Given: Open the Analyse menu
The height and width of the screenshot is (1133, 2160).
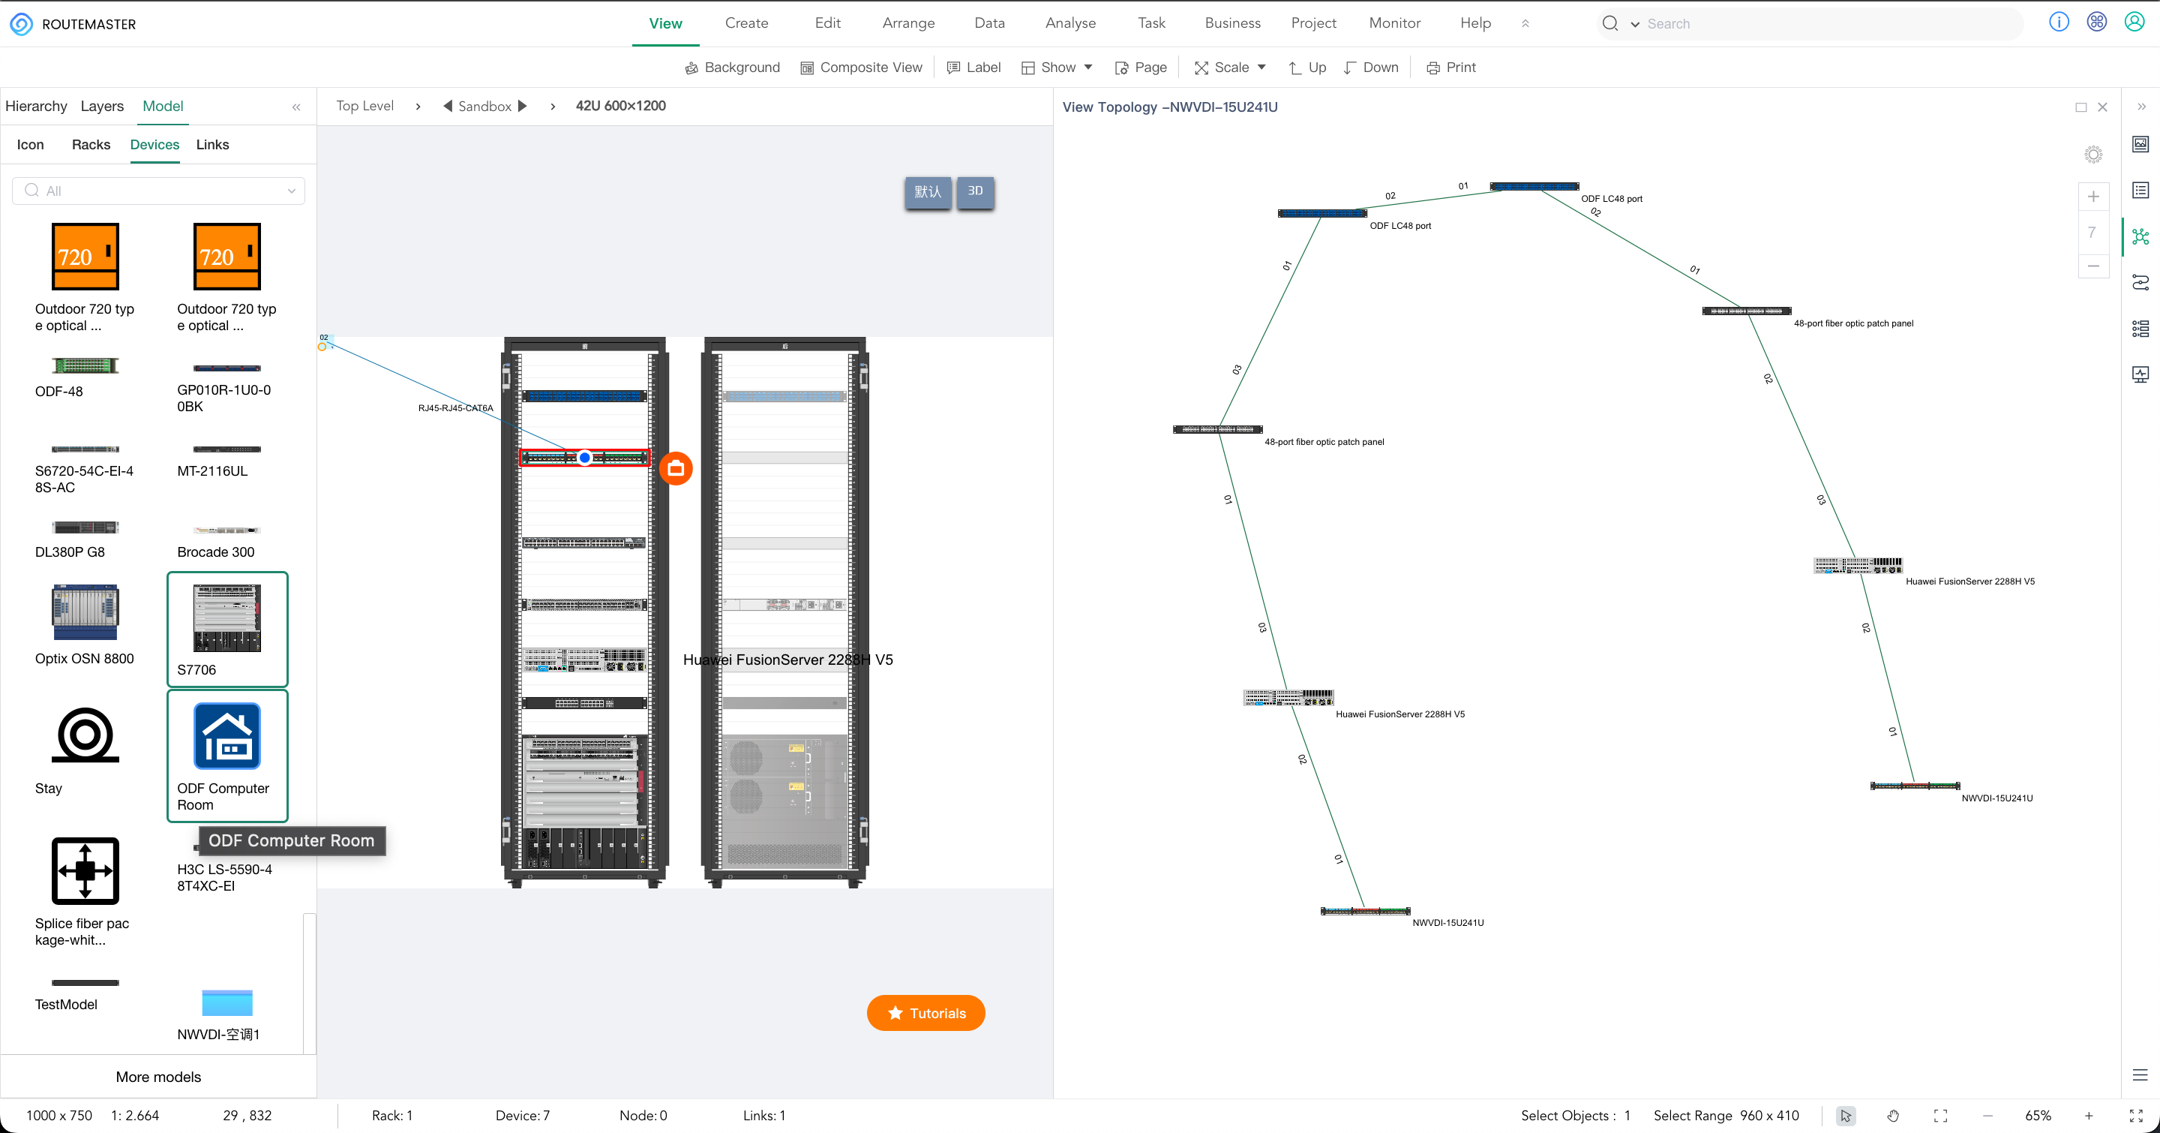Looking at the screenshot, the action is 1070,23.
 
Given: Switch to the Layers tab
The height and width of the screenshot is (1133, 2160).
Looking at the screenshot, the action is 102,107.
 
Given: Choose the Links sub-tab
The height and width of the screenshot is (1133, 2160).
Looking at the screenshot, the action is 212,145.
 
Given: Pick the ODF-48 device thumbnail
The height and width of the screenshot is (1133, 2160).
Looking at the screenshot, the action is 85,365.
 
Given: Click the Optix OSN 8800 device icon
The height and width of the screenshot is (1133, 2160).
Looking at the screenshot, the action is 85,612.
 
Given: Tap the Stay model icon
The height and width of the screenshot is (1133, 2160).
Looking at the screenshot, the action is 85,735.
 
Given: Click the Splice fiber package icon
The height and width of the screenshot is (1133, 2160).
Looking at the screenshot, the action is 85,871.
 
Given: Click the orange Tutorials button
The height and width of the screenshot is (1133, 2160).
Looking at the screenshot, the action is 925,1013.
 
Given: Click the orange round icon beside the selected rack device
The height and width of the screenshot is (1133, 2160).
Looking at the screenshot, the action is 676,468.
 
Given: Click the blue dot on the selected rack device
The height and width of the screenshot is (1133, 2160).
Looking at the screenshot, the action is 584,458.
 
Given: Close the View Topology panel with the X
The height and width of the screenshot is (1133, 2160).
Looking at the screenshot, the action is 2102,107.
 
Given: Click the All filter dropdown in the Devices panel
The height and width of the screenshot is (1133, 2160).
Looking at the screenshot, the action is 158,191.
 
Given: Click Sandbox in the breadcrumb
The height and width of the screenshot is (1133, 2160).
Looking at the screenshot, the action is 484,107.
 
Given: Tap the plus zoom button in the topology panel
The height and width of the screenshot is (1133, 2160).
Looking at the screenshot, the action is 2093,197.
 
